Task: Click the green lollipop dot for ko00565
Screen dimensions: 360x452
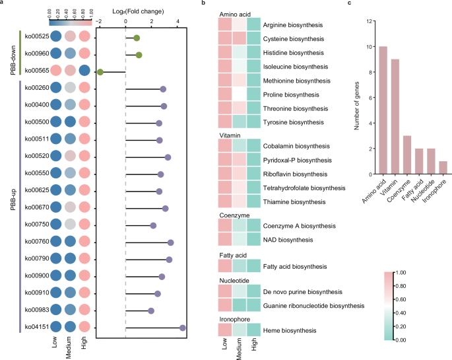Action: coord(100,71)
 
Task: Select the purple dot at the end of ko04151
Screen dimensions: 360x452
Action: coord(183,327)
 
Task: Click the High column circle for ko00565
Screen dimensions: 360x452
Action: coord(84,71)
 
